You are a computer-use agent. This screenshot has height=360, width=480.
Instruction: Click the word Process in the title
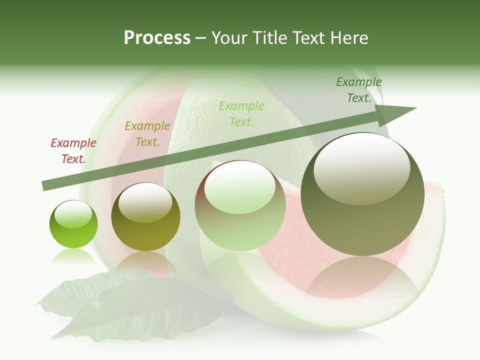(x=157, y=38)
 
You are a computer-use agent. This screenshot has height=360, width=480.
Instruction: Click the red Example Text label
(x=73, y=151)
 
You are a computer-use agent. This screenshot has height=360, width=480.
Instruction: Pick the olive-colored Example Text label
(x=147, y=134)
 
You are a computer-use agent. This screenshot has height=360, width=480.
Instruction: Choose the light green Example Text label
(x=241, y=113)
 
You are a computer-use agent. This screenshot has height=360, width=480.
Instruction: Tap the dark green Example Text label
(x=359, y=90)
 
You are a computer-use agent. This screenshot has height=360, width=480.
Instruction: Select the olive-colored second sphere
(x=145, y=217)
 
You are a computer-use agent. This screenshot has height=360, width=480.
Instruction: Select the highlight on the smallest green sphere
(x=73, y=214)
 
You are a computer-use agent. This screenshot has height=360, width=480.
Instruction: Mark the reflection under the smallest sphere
(x=73, y=256)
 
